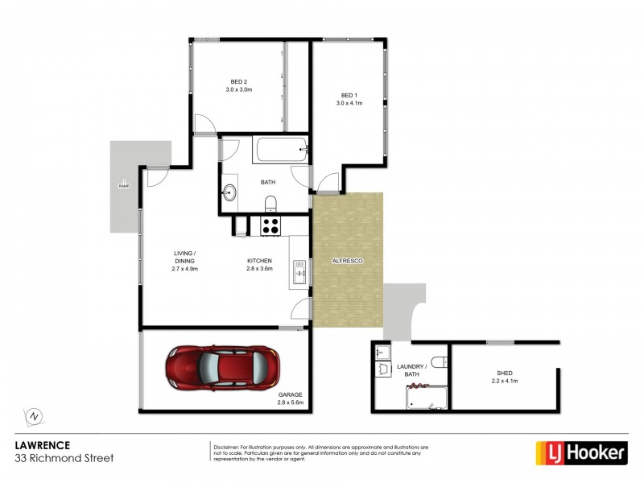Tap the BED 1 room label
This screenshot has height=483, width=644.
click(349, 97)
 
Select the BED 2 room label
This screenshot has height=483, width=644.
click(239, 85)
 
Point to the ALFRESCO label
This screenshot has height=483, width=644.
click(348, 262)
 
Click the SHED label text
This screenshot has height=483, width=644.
click(505, 374)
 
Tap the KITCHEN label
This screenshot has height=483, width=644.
click(259, 262)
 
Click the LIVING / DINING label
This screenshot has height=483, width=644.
click(184, 258)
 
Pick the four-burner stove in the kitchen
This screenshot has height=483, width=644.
click(270, 226)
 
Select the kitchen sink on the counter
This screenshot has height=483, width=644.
click(299, 272)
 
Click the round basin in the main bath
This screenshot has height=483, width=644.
click(229, 192)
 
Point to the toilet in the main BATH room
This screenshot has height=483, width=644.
click(271, 202)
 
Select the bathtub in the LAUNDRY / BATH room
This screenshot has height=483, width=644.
click(426, 397)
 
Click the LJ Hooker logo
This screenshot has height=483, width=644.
click(581, 452)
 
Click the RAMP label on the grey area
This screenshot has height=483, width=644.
click(124, 186)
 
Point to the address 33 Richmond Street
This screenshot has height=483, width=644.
click(65, 458)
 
